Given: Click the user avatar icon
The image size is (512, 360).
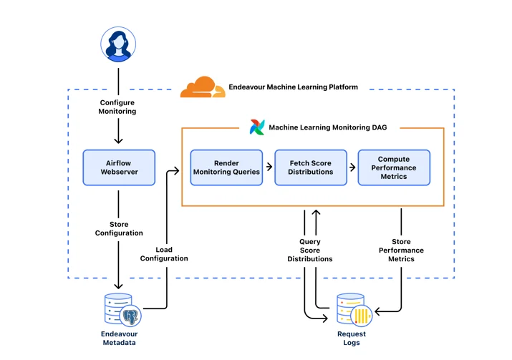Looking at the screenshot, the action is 118,44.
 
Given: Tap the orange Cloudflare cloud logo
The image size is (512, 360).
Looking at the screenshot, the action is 203,87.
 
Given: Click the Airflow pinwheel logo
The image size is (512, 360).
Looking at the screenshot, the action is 257,127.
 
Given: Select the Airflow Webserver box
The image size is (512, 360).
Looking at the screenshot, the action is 119,167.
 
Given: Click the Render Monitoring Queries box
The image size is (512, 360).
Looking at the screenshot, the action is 226,167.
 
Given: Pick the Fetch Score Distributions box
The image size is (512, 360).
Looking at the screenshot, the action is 311,167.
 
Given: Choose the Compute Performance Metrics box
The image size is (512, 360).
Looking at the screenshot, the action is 394,167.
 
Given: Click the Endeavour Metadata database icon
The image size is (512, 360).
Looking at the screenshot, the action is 122,310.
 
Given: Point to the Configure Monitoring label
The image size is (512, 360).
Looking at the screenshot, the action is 117,107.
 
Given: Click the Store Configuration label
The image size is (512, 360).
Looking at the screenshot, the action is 119,228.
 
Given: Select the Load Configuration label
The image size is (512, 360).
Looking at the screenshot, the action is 164,254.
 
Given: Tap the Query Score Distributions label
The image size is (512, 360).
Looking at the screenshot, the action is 310,250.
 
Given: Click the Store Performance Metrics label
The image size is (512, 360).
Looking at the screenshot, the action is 401,250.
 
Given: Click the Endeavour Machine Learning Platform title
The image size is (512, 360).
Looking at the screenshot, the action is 293,87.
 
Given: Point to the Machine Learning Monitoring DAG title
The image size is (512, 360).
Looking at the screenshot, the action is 328,127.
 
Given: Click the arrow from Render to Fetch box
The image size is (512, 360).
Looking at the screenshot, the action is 269,167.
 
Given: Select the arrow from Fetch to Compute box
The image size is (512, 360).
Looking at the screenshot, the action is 352,167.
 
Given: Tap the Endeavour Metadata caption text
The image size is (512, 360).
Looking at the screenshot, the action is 119,338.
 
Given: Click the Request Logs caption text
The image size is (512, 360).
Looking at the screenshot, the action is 352,338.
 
